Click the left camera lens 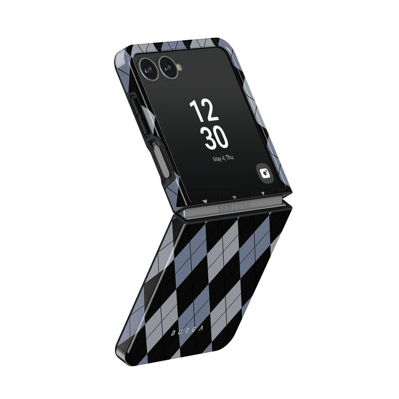149,66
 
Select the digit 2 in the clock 211,112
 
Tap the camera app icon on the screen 265,173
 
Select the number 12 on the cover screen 204,111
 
